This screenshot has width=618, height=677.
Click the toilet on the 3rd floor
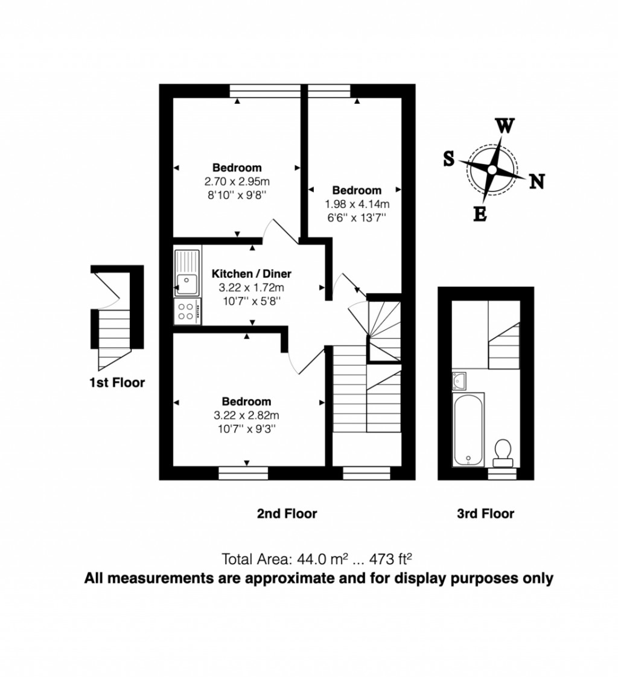click(x=502, y=453)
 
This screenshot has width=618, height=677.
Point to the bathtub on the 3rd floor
click(x=468, y=430)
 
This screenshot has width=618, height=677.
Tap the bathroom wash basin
click(x=459, y=380)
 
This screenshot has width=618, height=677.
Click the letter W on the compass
click(x=505, y=126)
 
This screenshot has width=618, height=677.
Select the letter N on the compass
click(x=537, y=181)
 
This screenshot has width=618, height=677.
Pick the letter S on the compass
click(x=449, y=159)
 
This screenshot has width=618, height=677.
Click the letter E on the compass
click(x=480, y=214)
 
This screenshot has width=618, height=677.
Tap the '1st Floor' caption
click(x=117, y=383)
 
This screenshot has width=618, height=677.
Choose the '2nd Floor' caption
click(x=287, y=514)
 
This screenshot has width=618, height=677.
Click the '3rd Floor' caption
click(x=485, y=514)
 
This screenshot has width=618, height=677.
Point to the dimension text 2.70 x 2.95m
click(x=237, y=181)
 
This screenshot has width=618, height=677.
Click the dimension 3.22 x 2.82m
click(x=246, y=415)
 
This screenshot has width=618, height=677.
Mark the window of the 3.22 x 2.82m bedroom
click(x=243, y=474)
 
